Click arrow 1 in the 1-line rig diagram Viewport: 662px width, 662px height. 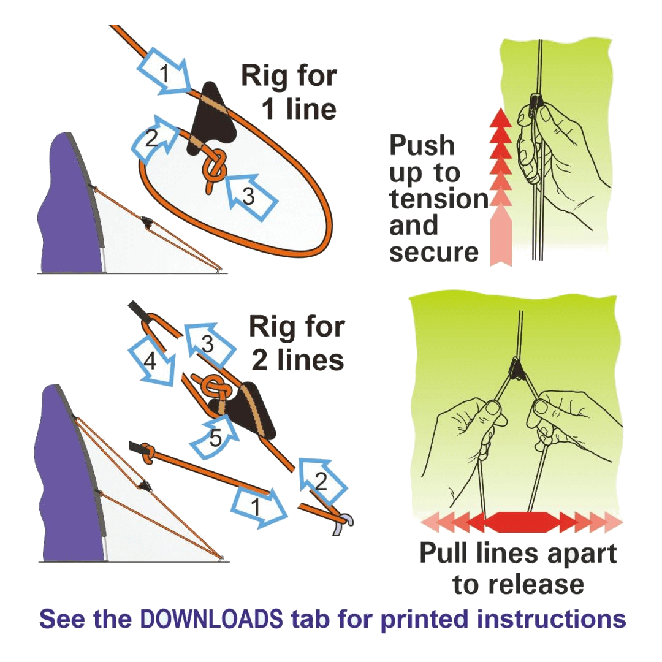[x=165, y=74]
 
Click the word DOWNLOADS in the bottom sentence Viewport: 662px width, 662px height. [x=211, y=619]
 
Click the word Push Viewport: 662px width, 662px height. [x=422, y=146]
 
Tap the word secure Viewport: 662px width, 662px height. [x=434, y=251]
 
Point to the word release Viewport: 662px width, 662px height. [x=518, y=584]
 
